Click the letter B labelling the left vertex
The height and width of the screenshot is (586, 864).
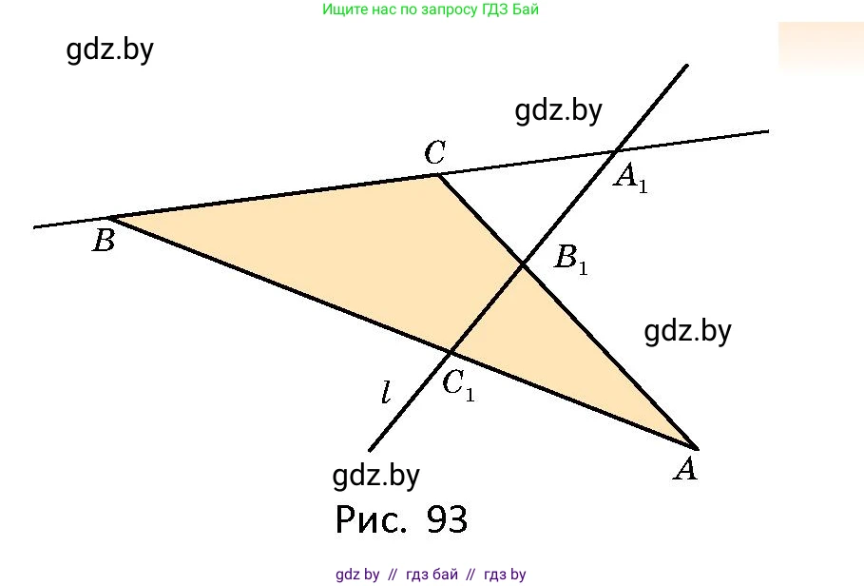click(x=104, y=242)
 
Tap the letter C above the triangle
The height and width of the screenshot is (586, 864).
click(x=435, y=152)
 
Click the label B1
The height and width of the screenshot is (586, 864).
click(x=571, y=259)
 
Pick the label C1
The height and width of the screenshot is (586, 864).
click(x=458, y=384)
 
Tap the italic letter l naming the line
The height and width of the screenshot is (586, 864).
click(x=386, y=392)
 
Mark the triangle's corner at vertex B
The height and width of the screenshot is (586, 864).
click(x=112, y=218)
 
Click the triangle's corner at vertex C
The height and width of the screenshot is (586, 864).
click(x=437, y=174)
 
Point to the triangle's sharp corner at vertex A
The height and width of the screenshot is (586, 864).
click(x=697, y=447)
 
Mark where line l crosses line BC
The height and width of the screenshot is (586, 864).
click(x=617, y=149)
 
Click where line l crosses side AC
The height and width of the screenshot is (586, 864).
click(x=523, y=264)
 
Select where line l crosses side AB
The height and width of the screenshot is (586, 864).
click(x=450, y=351)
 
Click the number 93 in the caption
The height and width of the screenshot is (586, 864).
click(x=448, y=519)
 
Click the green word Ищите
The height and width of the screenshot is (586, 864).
click(x=341, y=10)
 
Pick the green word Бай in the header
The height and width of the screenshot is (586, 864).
click(x=537, y=10)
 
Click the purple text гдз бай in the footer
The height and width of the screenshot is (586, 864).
click(x=432, y=575)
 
